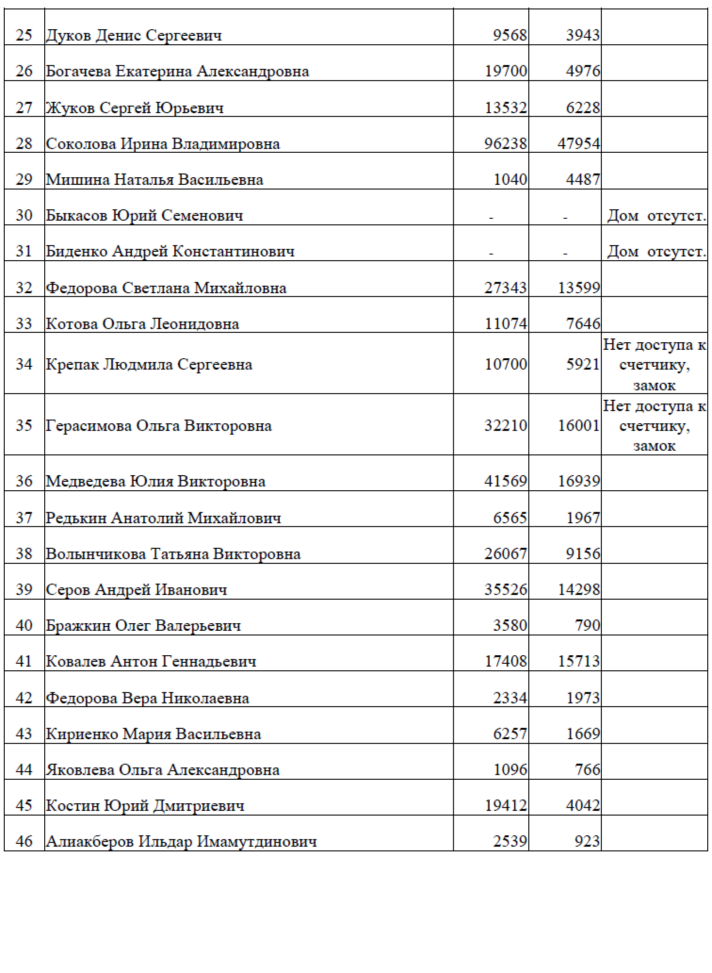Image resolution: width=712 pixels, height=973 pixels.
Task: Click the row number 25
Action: coord(24,35)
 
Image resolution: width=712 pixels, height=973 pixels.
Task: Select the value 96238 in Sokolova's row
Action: coord(505,143)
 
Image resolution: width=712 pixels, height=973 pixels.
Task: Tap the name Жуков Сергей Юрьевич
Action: coord(135,108)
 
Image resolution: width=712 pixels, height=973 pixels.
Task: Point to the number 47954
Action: coord(579,143)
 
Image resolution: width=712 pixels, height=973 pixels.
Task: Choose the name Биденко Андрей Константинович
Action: coord(170,251)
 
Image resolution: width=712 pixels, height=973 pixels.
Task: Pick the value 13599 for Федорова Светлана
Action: coord(579,288)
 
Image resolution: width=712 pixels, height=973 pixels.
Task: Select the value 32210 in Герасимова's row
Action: coord(505,426)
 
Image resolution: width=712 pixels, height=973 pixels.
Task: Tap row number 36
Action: coord(24,481)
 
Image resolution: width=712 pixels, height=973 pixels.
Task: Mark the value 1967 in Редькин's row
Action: coord(583,518)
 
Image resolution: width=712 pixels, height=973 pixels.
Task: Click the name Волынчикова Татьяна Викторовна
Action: coord(173,553)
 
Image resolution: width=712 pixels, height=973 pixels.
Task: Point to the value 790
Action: coord(587,625)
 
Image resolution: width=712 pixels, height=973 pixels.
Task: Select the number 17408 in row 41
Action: coord(505,661)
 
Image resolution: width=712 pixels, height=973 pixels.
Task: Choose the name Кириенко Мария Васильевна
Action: coord(154,734)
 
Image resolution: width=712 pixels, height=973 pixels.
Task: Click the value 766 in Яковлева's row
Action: coord(587,770)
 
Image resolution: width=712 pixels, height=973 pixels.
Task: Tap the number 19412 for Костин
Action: coord(505,806)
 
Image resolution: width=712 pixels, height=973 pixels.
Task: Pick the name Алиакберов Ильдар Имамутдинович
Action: coord(181,841)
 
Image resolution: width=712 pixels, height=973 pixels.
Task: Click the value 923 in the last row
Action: coord(587,841)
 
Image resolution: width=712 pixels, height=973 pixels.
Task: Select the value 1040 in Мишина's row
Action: coord(510,180)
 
